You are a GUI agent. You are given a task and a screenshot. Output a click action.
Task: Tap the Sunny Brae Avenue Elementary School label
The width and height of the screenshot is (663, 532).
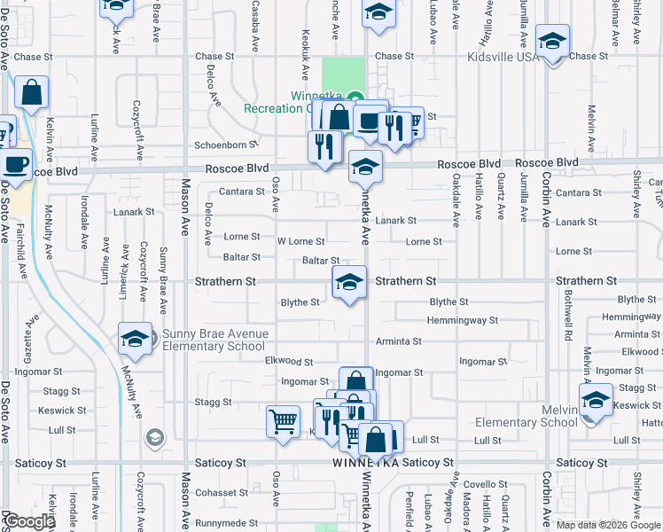click(x=214, y=340)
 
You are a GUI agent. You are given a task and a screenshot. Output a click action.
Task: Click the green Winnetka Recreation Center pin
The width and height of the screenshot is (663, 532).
click(x=355, y=98)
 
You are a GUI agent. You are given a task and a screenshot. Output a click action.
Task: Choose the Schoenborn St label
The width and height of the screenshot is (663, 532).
click(x=225, y=144)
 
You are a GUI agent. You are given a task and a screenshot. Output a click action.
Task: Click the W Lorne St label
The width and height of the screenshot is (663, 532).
click(x=300, y=241)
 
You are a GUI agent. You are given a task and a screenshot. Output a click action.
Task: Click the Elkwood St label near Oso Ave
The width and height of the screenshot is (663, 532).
click(x=289, y=362)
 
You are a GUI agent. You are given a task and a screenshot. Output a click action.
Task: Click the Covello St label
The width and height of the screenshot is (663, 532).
click(x=483, y=484)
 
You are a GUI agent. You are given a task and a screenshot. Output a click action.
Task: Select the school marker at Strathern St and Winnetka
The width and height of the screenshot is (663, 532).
click(x=350, y=283)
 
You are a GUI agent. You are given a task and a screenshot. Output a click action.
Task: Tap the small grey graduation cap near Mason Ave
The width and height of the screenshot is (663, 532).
click(x=154, y=437)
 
